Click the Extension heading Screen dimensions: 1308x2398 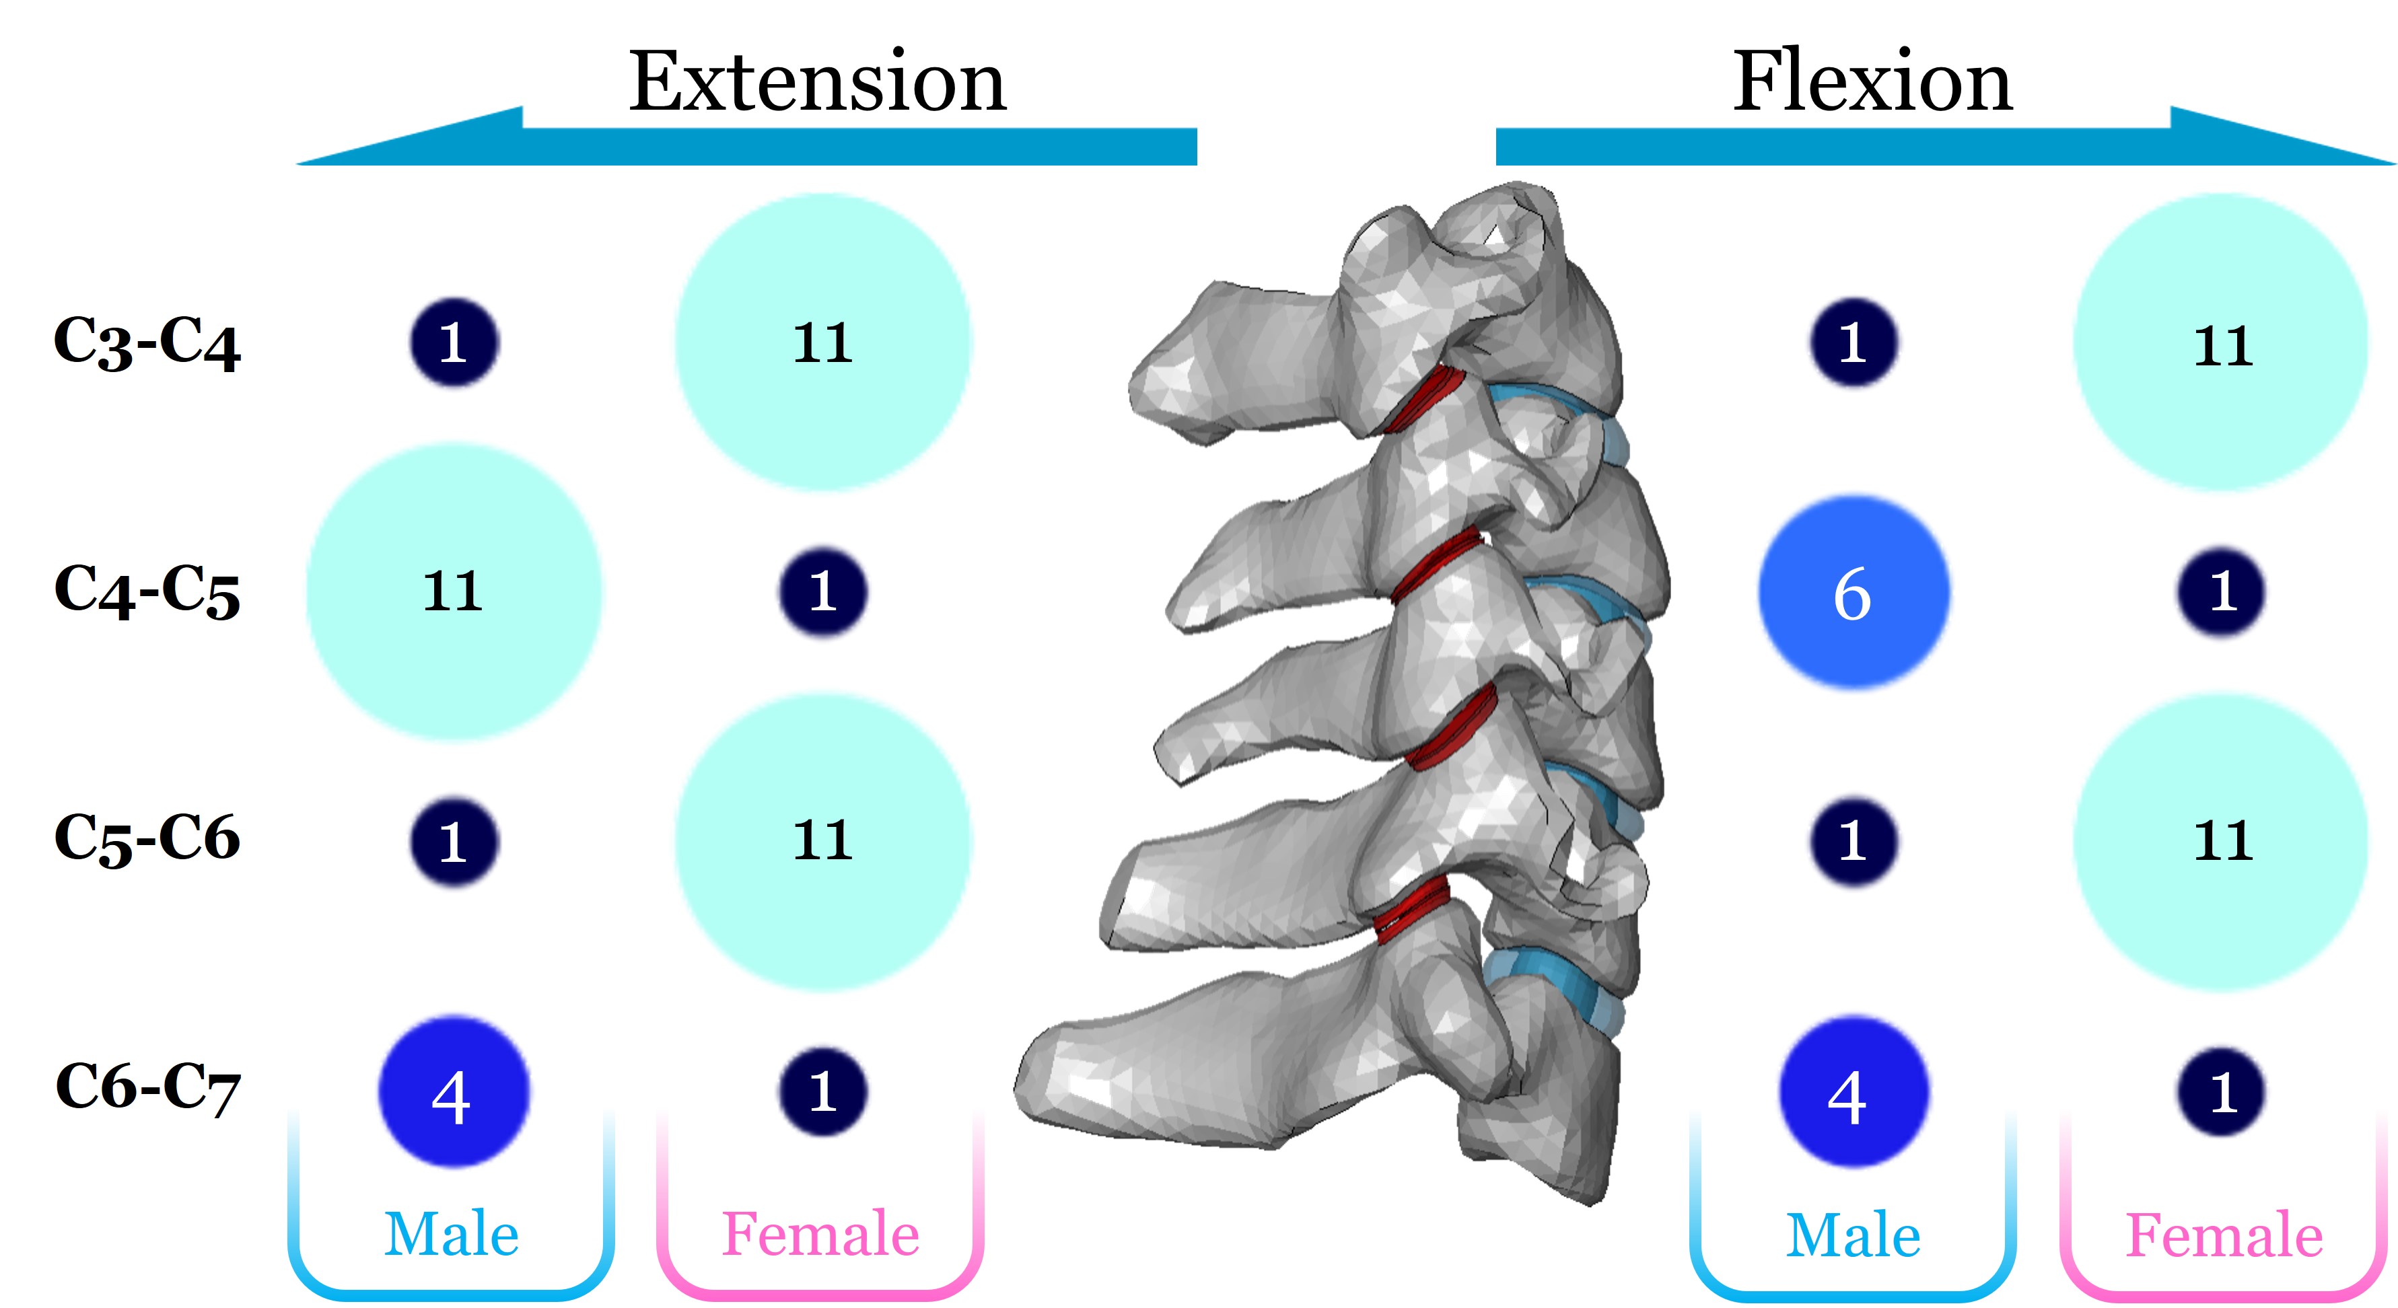tap(817, 82)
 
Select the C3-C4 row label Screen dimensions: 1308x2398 tap(147, 342)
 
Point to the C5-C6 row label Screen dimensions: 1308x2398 tap(147, 838)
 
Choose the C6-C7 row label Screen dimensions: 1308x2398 tap(147, 1087)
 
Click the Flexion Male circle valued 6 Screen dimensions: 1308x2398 tap(1852, 593)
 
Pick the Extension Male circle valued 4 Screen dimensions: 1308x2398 tap(454, 1092)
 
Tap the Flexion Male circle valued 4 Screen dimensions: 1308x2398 tap(1852, 1092)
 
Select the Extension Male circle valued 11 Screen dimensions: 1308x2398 tap(454, 592)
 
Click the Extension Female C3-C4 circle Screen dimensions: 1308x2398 tap(823, 342)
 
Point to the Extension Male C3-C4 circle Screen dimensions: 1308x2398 tap(454, 342)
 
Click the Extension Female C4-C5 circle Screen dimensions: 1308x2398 tap(823, 592)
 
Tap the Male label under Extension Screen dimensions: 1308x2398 tap(452, 1235)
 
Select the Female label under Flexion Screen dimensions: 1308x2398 tap(2223, 1235)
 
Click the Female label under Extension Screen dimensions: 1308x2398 tap(821, 1235)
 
